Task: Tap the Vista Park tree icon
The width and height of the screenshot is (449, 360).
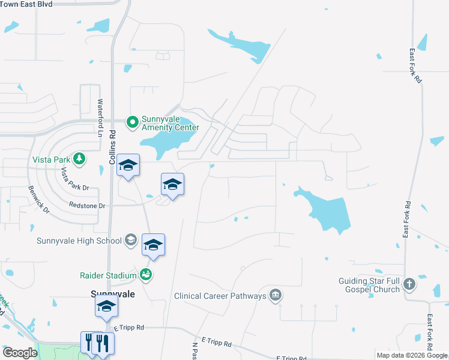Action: click(x=79, y=158)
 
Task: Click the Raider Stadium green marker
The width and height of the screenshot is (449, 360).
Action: click(x=145, y=275)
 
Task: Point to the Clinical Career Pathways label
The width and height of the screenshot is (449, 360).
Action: click(x=220, y=296)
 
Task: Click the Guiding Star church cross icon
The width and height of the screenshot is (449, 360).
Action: click(x=409, y=284)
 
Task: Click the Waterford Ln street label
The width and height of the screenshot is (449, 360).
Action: click(x=100, y=118)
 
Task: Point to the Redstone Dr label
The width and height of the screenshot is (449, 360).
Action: click(x=87, y=206)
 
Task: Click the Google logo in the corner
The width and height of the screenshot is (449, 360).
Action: click(x=20, y=353)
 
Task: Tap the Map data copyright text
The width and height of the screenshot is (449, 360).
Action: click(x=412, y=355)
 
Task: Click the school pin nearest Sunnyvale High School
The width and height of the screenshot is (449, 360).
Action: click(x=153, y=245)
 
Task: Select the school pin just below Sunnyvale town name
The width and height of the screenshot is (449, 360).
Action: click(x=107, y=307)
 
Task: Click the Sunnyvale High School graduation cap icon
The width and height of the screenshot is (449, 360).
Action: click(x=130, y=241)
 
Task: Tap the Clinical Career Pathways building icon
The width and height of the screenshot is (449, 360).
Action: click(x=275, y=295)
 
